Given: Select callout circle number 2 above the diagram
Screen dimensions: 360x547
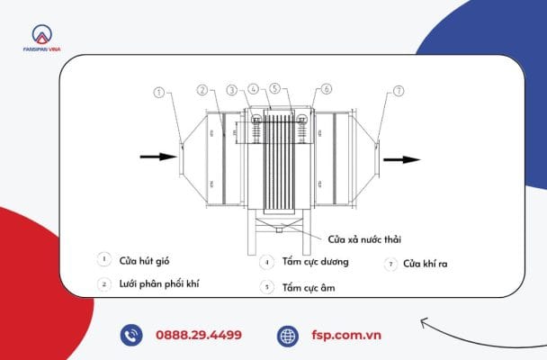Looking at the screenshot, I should click(x=202, y=90).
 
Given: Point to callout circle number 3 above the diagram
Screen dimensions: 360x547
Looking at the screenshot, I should click(x=232, y=90).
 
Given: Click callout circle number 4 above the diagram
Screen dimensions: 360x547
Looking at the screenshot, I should click(x=254, y=89).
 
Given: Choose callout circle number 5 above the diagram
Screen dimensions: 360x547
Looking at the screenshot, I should click(x=277, y=89).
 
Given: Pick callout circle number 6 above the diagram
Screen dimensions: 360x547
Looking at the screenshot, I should click(x=326, y=89).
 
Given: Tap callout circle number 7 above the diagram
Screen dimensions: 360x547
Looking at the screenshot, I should click(x=399, y=91).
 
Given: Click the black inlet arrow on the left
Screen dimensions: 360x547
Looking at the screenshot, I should click(x=158, y=157).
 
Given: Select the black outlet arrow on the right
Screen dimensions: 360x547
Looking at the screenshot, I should click(x=401, y=159).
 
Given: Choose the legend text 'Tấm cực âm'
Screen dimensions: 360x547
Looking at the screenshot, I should click(x=303, y=288).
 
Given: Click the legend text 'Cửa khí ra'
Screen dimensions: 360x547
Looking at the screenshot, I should click(x=425, y=264).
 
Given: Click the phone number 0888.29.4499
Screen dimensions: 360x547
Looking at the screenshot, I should click(x=200, y=335).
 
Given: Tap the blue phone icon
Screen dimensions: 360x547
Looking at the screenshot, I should click(x=131, y=335).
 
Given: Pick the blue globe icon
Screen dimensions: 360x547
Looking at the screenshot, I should click(x=288, y=335).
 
